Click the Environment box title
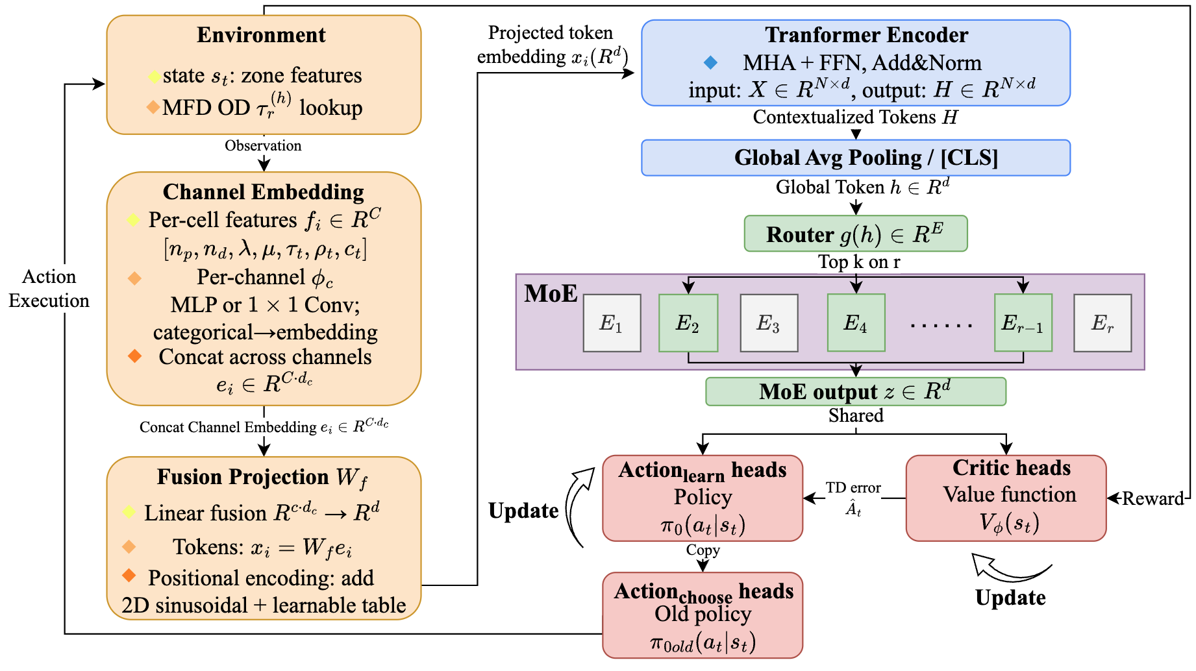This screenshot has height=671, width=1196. tap(261, 35)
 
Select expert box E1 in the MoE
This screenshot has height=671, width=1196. tap(612, 323)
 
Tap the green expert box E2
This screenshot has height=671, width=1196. tap(688, 323)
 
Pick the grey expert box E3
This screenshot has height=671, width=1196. tap(769, 323)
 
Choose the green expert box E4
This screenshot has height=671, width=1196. tap(856, 323)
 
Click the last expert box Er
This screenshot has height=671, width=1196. tap(1102, 323)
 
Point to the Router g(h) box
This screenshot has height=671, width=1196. tap(855, 234)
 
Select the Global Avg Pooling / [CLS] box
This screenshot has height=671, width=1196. tap(855, 158)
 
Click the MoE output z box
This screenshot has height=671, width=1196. tap(855, 391)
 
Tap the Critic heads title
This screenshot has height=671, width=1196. tap(1011, 468)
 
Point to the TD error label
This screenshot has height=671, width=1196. tap(853, 488)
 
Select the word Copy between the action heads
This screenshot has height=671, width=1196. tap(703, 550)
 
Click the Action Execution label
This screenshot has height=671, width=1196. tap(49, 289)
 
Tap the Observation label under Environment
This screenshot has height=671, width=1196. tap(263, 145)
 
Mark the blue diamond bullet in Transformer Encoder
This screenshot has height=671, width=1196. tap(711, 62)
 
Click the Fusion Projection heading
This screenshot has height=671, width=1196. tap(262, 478)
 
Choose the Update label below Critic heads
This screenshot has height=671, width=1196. tap(1010, 598)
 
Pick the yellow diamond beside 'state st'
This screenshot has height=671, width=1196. tap(155, 77)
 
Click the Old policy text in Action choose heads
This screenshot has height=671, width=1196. tap(703, 614)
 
